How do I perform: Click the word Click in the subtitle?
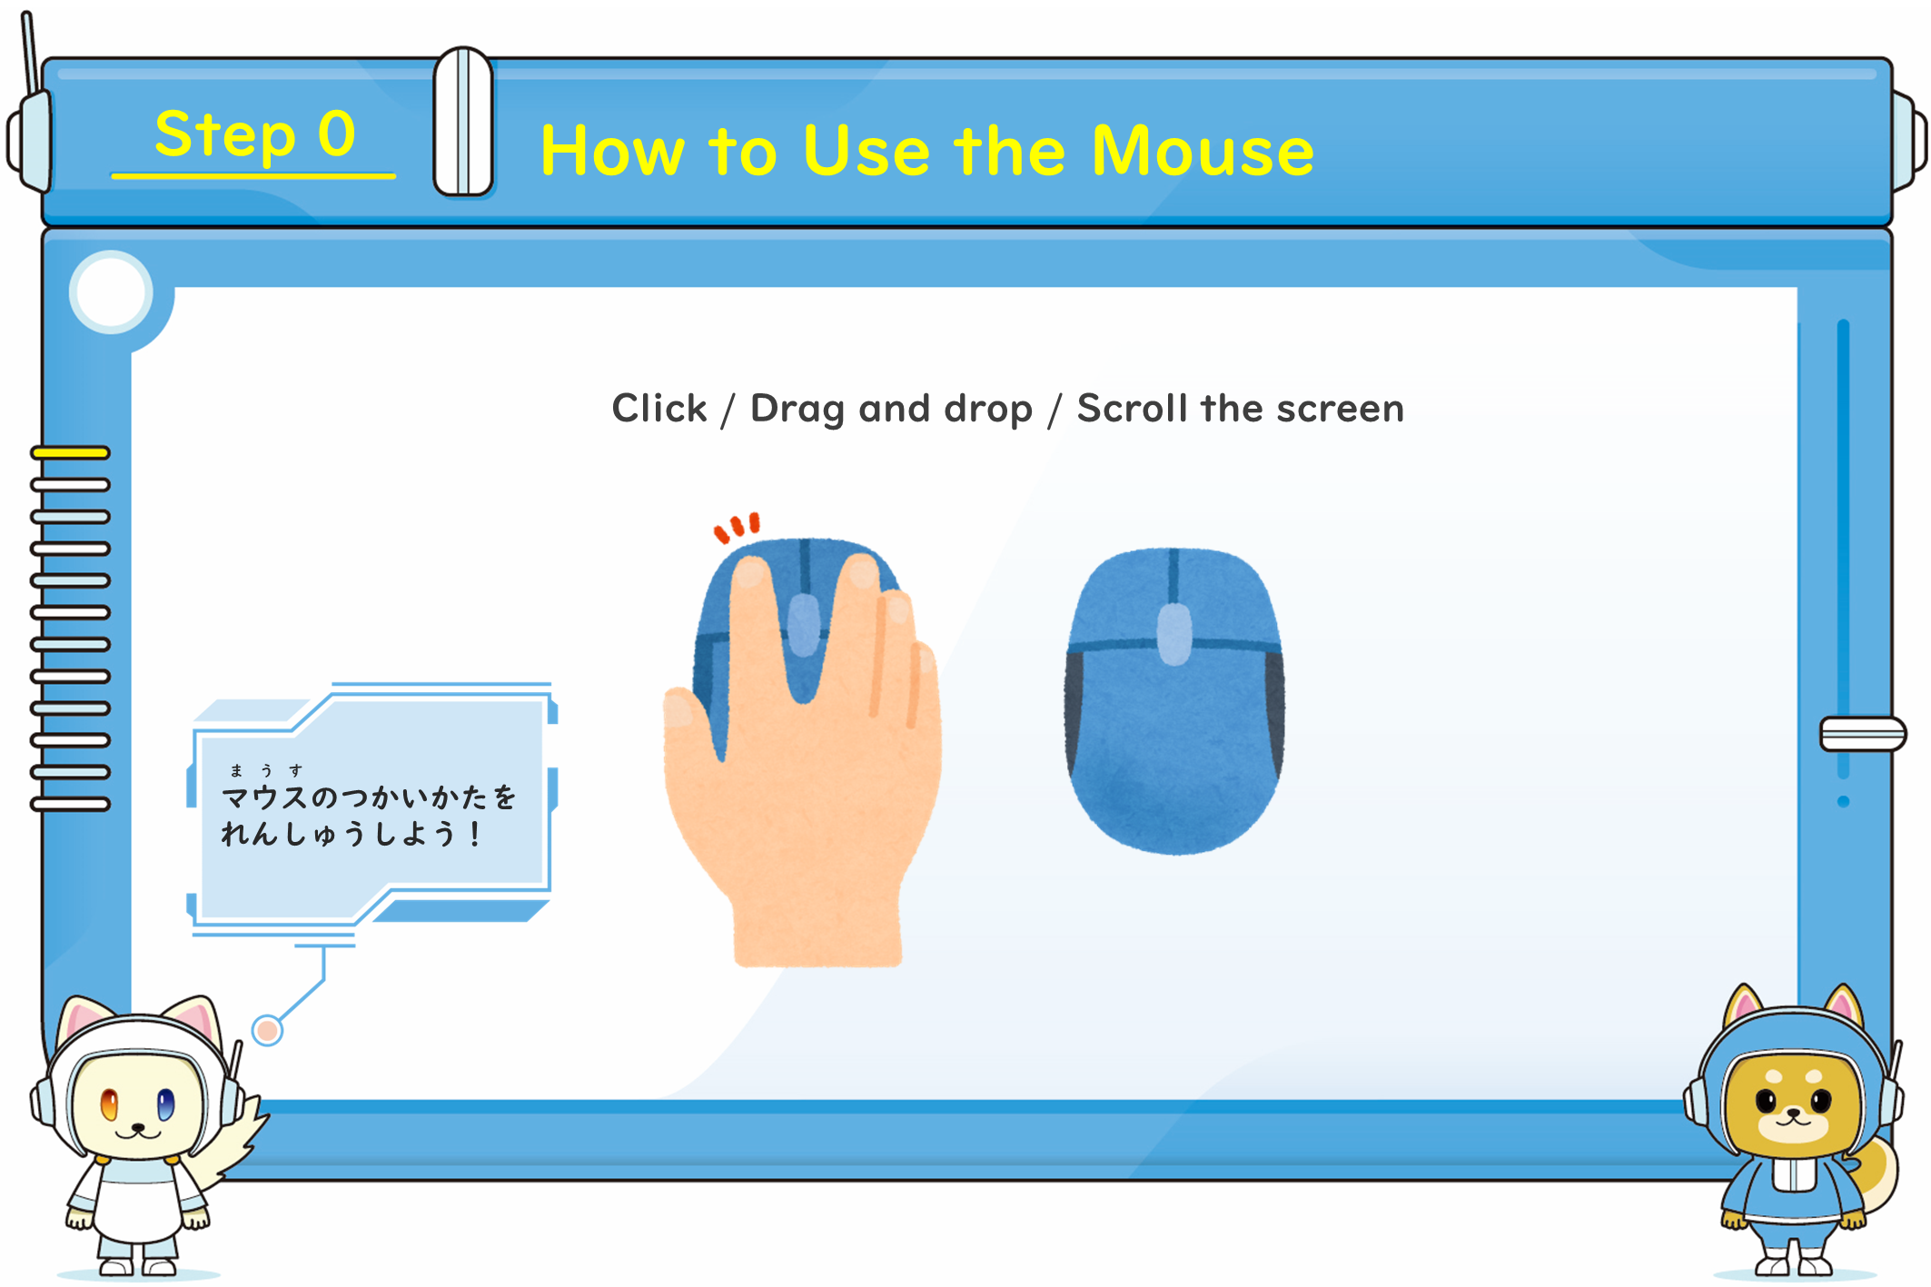(x=659, y=408)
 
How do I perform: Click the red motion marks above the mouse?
(x=737, y=527)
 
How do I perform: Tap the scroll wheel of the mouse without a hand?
(x=1174, y=633)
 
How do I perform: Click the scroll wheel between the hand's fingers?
(x=803, y=625)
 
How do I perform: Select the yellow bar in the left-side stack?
(x=70, y=452)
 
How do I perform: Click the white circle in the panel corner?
(x=111, y=292)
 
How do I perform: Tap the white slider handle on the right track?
(x=1862, y=734)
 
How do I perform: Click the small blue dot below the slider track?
(x=1843, y=801)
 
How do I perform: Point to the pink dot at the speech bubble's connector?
(x=267, y=1030)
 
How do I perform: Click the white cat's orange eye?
(x=109, y=1104)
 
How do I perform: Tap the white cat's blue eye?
(x=165, y=1104)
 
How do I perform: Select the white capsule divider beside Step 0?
(x=463, y=122)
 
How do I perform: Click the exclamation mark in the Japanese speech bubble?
(x=474, y=834)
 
